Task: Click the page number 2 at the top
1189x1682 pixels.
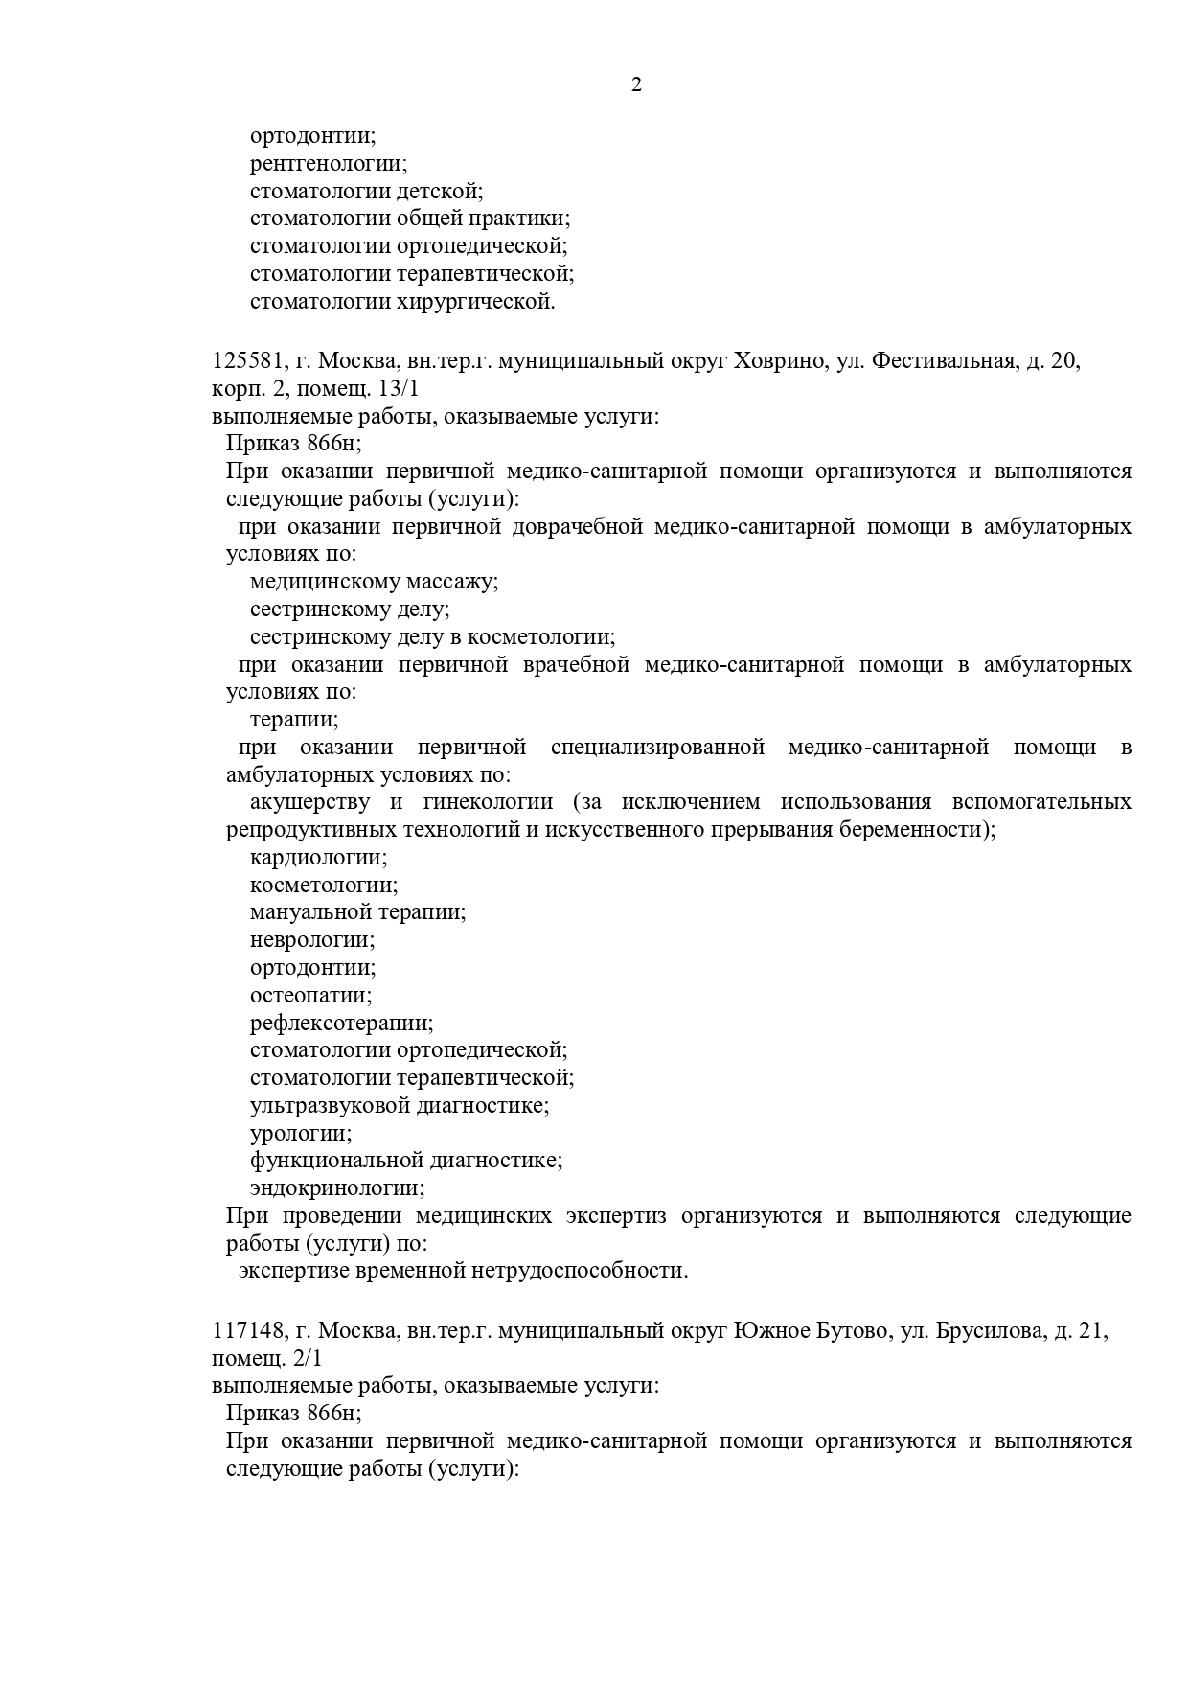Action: coord(636,85)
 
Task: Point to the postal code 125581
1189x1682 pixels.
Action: coord(247,362)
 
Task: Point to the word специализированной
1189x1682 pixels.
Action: coord(657,748)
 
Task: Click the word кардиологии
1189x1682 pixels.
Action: coord(318,858)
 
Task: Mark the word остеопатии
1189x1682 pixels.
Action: coord(311,996)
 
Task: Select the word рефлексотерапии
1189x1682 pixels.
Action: coord(341,1024)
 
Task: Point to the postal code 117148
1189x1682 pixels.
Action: coord(247,1331)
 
